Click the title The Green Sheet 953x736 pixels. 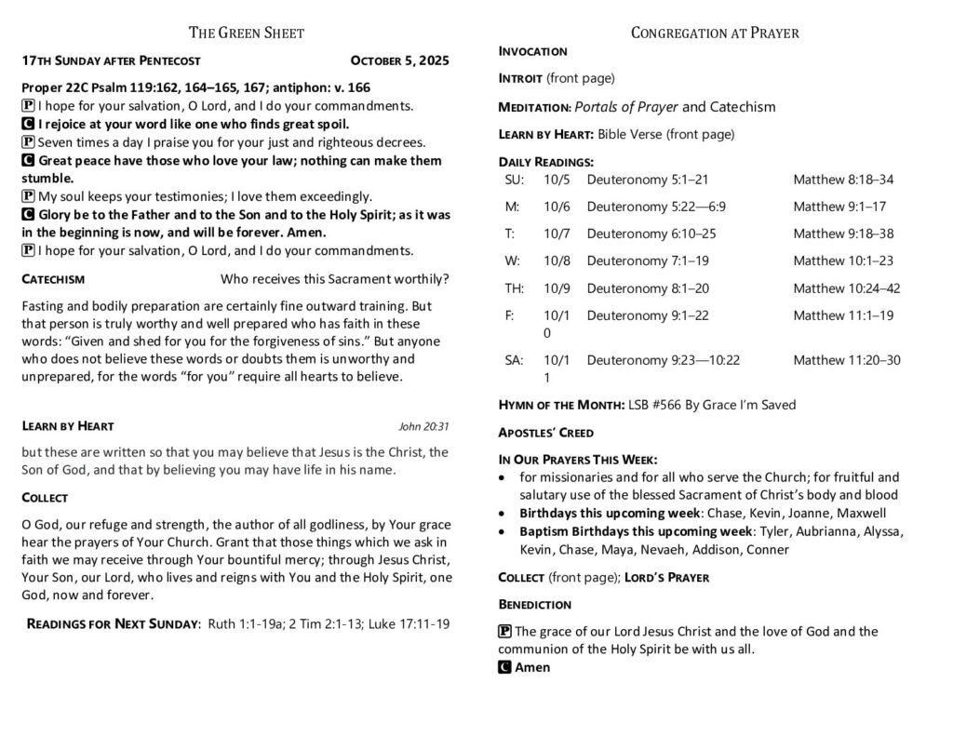tap(247, 33)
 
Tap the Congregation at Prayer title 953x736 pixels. tap(715, 33)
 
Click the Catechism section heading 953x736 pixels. tap(53, 279)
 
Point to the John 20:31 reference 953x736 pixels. tap(423, 427)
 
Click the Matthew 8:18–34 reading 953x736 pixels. tap(843, 180)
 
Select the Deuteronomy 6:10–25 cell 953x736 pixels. tap(651, 234)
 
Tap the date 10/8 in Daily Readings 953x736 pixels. tap(556, 261)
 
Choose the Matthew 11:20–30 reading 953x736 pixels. tap(847, 360)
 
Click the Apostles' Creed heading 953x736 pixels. tap(545, 433)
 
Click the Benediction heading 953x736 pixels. tap(535, 605)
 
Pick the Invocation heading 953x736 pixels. tap(533, 51)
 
